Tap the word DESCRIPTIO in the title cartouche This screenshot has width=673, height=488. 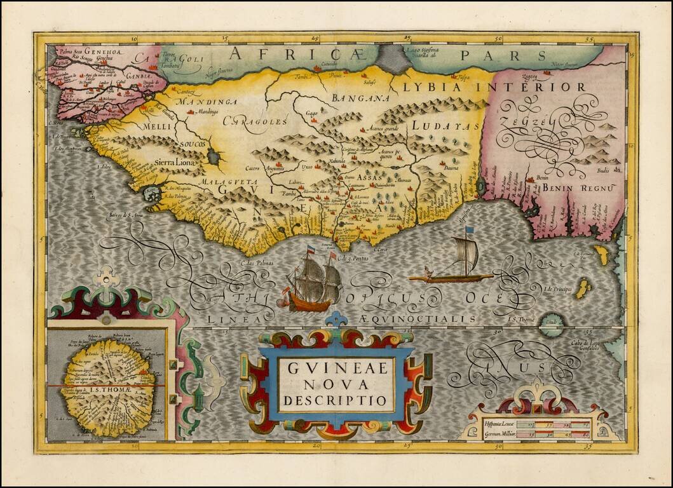point(336,401)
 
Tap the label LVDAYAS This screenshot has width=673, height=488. point(445,126)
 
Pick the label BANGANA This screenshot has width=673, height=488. point(360,98)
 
